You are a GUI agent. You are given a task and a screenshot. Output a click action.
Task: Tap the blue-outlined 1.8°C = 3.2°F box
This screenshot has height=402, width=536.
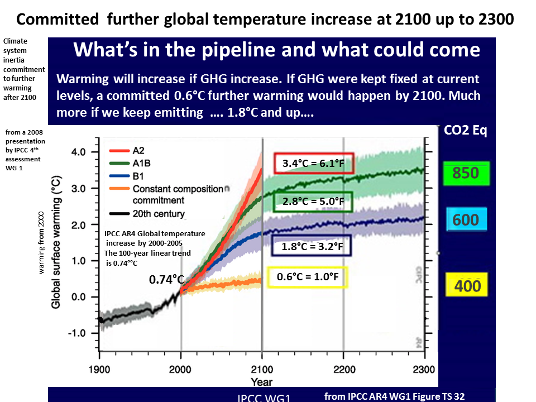[312, 246]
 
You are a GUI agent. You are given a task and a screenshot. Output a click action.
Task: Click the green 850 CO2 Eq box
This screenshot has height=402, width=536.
[466, 173]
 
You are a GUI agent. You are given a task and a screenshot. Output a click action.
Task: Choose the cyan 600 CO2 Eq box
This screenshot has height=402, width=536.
[466, 220]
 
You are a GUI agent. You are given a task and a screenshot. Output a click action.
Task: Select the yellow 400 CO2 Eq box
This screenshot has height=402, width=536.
[467, 286]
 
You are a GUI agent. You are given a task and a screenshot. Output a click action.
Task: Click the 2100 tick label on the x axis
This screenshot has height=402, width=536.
[262, 369]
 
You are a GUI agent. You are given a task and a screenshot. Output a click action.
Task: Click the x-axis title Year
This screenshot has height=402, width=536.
[261, 382]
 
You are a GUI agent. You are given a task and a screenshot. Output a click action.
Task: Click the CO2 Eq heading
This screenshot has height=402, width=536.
[466, 131]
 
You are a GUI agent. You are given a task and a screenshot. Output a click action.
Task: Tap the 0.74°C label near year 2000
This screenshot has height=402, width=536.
[166, 279]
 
